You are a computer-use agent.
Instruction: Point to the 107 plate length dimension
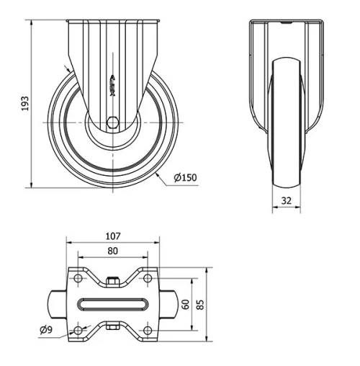pyautogui.click(x=112, y=235)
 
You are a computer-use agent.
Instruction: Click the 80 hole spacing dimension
pyautogui.click(x=112, y=251)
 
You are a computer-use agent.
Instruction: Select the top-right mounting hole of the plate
pyautogui.click(x=147, y=277)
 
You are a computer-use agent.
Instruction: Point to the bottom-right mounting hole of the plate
pyautogui.click(x=147, y=330)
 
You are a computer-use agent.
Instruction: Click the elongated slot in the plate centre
pyautogui.click(x=112, y=304)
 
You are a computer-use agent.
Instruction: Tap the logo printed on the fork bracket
pyautogui.click(x=112, y=84)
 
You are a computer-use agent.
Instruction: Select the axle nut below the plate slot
pyautogui.click(x=112, y=329)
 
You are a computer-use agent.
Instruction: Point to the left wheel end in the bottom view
pyautogui.click(x=57, y=304)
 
